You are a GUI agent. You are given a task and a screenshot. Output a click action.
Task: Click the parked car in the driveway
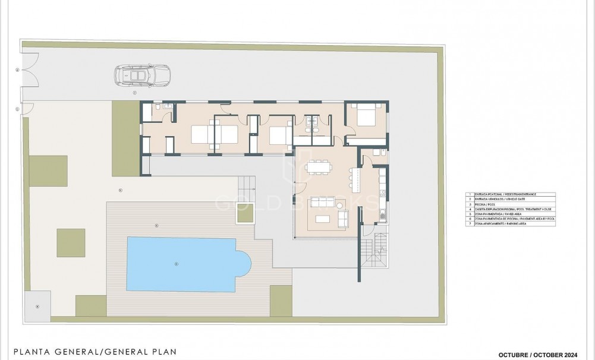(x=142, y=76)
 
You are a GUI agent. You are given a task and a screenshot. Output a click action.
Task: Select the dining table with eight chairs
(x=320, y=168)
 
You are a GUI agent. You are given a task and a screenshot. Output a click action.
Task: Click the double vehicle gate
(x=29, y=71)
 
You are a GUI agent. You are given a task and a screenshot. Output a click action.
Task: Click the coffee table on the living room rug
(x=324, y=219)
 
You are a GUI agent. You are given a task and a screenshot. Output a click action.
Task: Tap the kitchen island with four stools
(x=356, y=176)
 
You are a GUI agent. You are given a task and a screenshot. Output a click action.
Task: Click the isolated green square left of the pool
(x=71, y=242)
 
